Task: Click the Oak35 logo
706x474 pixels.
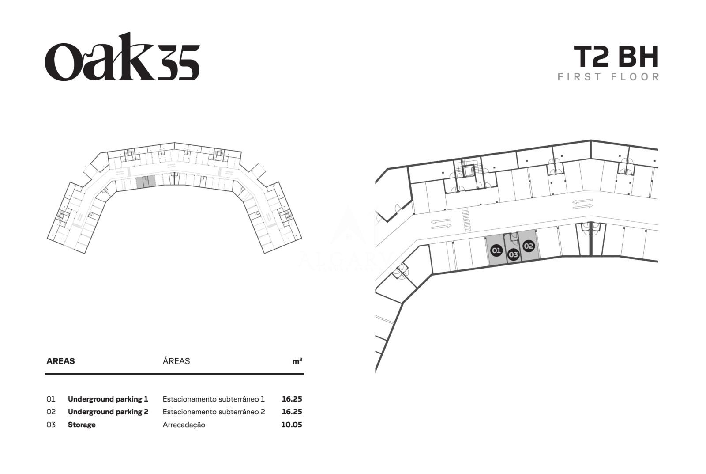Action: tap(122, 57)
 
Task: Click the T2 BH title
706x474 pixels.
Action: tap(616, 57)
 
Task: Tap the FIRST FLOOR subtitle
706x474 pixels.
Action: tap(608, 77)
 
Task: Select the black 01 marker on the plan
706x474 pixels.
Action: tap(496, 250)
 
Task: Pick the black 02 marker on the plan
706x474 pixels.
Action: tap(529, 246)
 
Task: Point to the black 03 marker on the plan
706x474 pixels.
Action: tap(514, 254)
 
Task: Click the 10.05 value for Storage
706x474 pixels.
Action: tap(292, 425)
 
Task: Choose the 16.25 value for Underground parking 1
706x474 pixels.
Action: tap(292, 399)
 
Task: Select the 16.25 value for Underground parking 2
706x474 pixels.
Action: tap(292, 412)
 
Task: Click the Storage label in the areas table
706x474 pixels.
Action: tap(82, 425)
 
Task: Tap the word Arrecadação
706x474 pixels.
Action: tap(184, 425)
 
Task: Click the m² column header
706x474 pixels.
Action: tap(297, 361)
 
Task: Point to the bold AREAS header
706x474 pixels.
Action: tap(60, 361)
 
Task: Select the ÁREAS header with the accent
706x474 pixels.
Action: tap(176, 361)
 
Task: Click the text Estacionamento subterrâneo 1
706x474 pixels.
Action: tap(214, 399)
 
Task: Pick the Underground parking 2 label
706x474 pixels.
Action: tap(108, 412)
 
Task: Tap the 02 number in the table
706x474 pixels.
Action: tap(51, 412)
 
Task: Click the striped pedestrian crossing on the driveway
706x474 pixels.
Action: tap(466, 220)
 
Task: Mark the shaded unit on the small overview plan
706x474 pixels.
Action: tap(146, 182)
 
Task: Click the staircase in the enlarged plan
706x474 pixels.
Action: tap(469, 171)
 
